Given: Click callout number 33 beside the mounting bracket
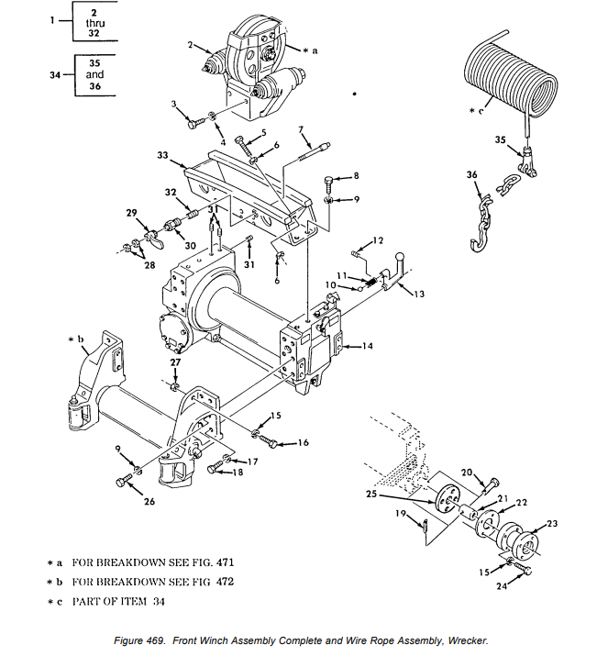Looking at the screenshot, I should tap(162, 156).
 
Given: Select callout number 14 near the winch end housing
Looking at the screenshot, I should tap(367, 346).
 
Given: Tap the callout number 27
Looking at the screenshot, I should tap(176, 363).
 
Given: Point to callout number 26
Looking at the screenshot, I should tap(149, 502).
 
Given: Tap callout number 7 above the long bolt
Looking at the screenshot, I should tap(300, 132).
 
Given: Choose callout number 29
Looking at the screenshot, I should tap(132, 212).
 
